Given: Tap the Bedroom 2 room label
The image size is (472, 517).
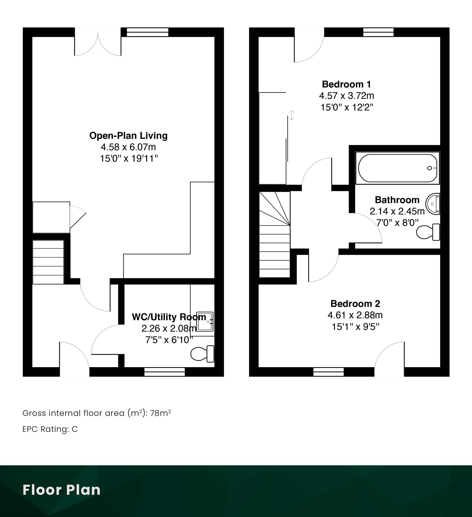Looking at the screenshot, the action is click(355, 304).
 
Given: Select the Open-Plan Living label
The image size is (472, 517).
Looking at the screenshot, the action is click(128, 136).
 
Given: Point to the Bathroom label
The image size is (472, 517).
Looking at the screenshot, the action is click(397, 200).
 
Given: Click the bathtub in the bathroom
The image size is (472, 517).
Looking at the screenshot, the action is click(398, 168).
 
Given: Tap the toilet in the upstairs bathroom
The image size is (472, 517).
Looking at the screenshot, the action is click(428, 232).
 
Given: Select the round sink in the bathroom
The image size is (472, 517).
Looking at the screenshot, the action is click(433, 204).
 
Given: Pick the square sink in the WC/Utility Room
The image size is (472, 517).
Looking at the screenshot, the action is click(205, 321).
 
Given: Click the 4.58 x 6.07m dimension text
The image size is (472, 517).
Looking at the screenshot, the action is click(128, 147).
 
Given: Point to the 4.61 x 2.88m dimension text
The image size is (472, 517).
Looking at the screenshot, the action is click(355, 315).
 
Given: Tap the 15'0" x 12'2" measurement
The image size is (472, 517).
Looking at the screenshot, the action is click(347, 107).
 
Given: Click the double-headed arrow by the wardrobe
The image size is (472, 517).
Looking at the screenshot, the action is click(291, 115).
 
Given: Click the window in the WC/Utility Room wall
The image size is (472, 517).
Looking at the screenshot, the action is click(164, 372).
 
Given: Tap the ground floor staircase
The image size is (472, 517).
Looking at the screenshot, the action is click(48, 262).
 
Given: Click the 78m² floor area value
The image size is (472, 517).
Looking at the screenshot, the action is click(160, 413).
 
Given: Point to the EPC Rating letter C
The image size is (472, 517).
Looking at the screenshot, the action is click(75, 429).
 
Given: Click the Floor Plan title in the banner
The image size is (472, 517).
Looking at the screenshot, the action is click(62, 490).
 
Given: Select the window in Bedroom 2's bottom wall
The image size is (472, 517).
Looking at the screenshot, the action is click(328, 372).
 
